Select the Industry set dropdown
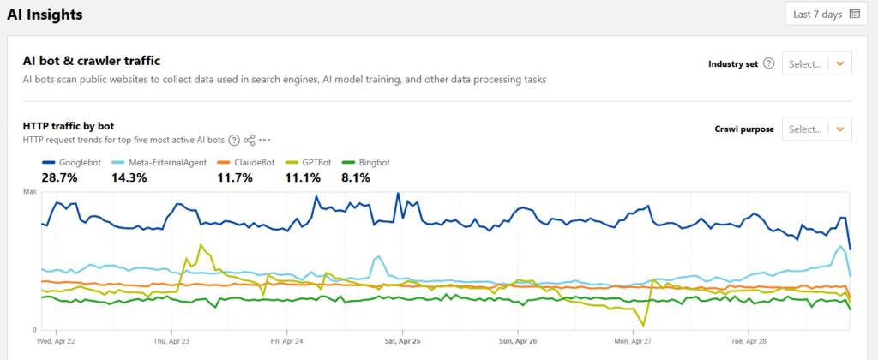816,63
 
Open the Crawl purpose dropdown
816,129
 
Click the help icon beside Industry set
768,63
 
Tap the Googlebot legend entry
75,162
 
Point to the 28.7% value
60,177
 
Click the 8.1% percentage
356,177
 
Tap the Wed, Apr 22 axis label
56,340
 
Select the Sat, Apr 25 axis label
402,340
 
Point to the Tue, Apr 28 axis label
749,340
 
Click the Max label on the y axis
29,193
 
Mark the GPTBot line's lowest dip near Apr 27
643,326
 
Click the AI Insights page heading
45,15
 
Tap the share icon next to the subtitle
250,140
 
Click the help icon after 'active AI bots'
234,140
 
